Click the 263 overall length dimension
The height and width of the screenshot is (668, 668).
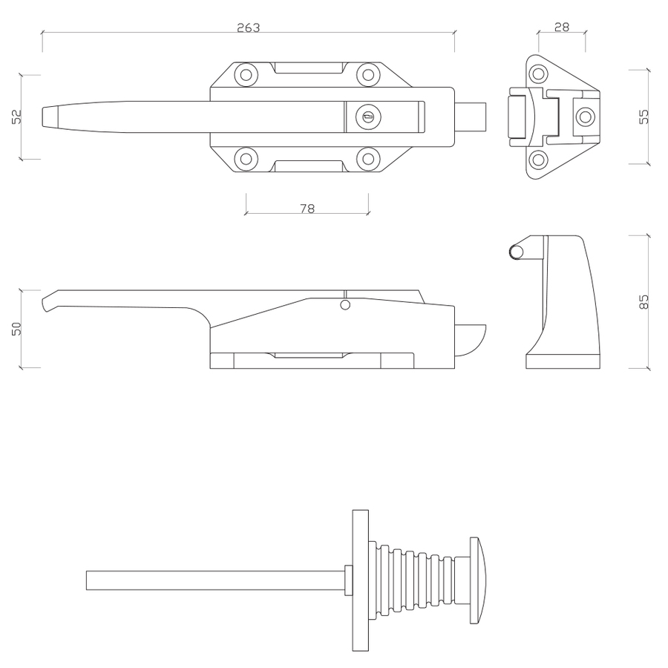(248, 27)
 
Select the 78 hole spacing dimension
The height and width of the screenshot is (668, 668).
(307, 209)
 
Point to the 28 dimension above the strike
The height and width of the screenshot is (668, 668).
(562, 27)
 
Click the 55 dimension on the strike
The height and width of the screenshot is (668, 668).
(644, 117)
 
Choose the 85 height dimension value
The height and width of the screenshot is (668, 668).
(644, 301)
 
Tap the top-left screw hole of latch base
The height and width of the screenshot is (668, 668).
(245, 74)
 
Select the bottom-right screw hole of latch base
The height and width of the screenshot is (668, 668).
(367, 158)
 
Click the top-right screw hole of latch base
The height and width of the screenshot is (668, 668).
(367, 74)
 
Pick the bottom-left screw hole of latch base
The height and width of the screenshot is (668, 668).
(245, 158)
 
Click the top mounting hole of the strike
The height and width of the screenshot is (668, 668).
(538, 73)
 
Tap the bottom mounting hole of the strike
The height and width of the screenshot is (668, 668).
(538, 159)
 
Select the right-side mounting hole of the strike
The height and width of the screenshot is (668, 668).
(585, 117)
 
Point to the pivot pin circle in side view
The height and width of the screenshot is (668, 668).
(344, 305)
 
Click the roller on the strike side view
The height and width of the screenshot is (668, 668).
(516, 252)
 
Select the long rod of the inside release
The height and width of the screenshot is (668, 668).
(215, 580)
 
